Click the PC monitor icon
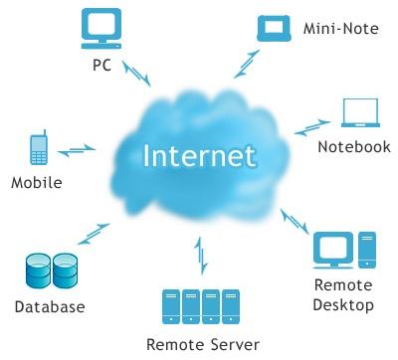pos(101,29)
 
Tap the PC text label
pos(101,65)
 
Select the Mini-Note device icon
pos(274,29)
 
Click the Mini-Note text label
pos(341,29)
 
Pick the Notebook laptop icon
pos(361,112)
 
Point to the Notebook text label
pos(354,147)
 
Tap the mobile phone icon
pos(39,147)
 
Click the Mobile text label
pos(37,183)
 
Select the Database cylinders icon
pos(52,270)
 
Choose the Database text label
pos(50,306)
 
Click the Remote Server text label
pos(203,345)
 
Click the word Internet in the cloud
pos(200,155)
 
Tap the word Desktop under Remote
pos(343,305)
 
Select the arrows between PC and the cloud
pos(136,74)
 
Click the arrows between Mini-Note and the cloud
pos(247,64)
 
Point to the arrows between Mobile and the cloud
pos(77,150)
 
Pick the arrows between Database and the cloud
pos(94,234)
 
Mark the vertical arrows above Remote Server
pos(201,256)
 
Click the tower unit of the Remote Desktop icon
pos(367,250)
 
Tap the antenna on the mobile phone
pos(45,132)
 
